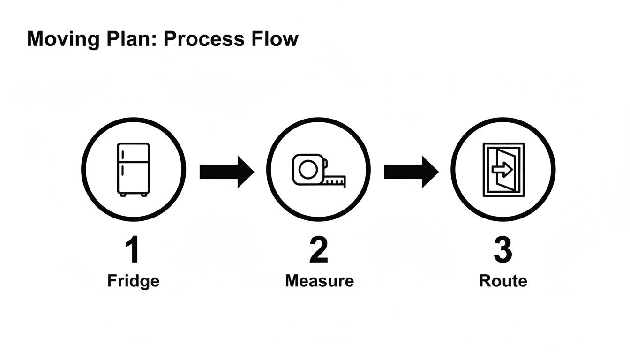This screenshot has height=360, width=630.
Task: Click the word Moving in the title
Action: click(x=63, y=39)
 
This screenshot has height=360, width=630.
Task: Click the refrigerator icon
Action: click(x=134, y=169)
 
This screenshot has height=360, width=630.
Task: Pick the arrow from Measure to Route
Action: click(x=411, y=172)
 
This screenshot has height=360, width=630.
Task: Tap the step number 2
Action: click(x=319, y=250)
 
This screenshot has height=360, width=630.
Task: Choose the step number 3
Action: click(x=503, y=250)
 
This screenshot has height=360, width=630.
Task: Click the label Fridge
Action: click(x=134, y=281)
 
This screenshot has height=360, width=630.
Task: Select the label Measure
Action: click(x=319, y=281)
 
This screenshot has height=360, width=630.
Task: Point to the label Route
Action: click(x=503, y=281)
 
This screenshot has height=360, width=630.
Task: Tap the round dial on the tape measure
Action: click(x=307, y=169)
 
